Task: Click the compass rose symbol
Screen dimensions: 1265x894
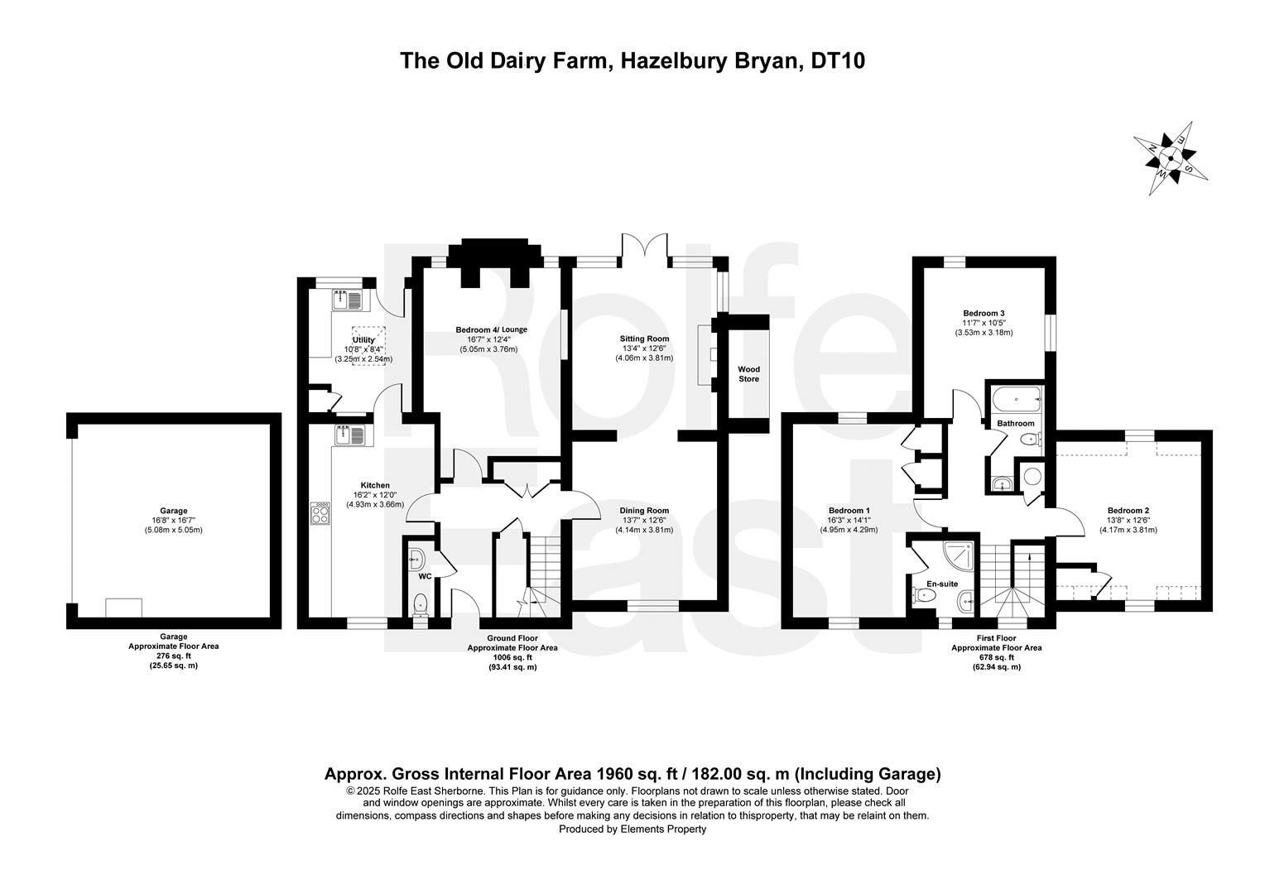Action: point(1170,158)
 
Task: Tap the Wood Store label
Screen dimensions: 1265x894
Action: point(749,374)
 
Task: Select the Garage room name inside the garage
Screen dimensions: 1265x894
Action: point(173,511)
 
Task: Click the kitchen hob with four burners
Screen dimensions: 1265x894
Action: point(320,513)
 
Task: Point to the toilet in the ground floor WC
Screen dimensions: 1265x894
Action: point(421,603)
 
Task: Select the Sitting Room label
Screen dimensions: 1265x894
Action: point(644,339)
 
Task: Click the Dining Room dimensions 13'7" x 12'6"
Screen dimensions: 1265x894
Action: point(644,520)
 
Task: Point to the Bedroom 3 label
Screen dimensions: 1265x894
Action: point(984,313)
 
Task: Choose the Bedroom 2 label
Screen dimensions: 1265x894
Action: point(1128,510)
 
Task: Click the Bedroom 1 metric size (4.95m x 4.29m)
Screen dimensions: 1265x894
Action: point(849,530)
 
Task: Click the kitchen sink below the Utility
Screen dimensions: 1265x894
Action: point(351,435)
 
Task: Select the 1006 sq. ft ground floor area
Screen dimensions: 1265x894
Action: point(512,657)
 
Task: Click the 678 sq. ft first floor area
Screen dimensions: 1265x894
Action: point(997,657)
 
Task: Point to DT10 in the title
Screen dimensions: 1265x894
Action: point(838,61)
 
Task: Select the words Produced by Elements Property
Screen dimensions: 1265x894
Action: point(632,829)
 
